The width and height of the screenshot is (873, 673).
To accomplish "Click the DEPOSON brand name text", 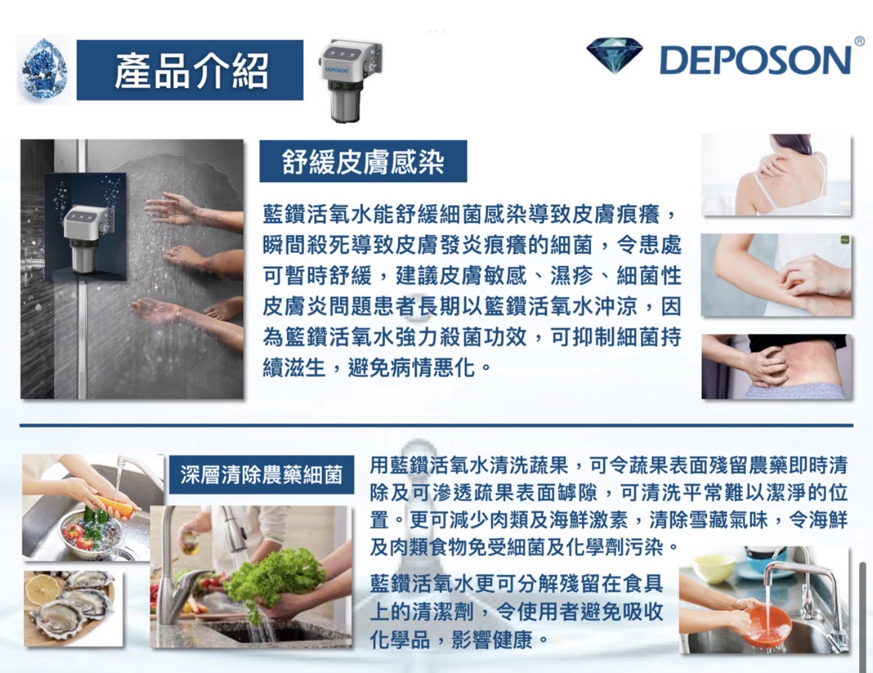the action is click(x=755, y=60).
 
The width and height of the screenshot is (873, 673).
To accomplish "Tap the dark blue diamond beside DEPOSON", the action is click(x=614, y=56).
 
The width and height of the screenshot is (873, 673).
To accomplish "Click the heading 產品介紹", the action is click(x=191, y=71).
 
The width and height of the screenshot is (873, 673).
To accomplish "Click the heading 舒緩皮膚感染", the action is click(x=363, y=161).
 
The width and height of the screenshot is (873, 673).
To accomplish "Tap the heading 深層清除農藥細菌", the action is click(x=261, y=474).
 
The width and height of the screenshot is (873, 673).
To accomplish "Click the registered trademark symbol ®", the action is click(x=858, y=41).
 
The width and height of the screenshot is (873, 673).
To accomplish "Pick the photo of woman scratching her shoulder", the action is click(x=776, y=175).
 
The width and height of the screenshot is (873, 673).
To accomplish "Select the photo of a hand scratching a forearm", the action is click(x=776, y=275).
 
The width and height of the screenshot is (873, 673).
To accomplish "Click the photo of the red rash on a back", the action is click(x=776, y=366).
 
